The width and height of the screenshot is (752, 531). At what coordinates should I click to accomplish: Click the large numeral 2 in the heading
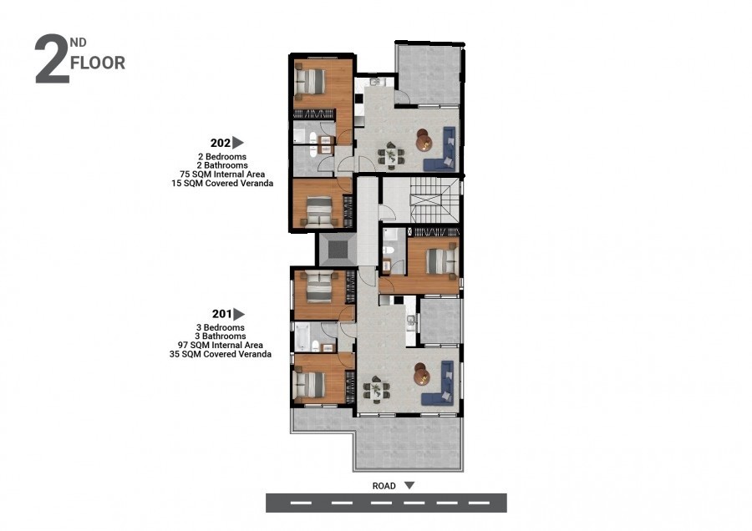point(52,59)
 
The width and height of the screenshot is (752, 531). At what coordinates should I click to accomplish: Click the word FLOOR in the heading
point(98,63)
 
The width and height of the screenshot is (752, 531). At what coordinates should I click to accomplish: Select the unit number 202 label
point(221,143)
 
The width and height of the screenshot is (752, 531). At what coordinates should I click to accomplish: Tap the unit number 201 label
point(222,314)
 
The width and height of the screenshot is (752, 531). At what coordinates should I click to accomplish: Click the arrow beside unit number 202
point(238,142)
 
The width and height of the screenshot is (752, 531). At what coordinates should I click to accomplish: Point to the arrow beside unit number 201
point(239,314)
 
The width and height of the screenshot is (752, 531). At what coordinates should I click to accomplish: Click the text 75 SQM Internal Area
point(222,174)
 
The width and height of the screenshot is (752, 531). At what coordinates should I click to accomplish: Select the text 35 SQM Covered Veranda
point(220,354)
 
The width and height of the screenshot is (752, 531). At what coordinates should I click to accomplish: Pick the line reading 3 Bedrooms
point(220,328)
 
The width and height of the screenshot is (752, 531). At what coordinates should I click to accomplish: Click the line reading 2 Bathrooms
point(222,165)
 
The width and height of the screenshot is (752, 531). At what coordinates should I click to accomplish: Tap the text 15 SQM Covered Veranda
point(222,183)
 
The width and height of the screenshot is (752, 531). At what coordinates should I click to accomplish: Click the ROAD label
point(384,486)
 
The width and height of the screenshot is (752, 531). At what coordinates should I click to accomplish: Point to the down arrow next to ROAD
point(409,485)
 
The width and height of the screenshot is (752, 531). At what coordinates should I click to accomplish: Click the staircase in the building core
point(434,200)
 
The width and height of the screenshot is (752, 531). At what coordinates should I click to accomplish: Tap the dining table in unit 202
point(391,154)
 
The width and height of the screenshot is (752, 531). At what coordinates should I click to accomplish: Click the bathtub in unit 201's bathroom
point(301,337)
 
